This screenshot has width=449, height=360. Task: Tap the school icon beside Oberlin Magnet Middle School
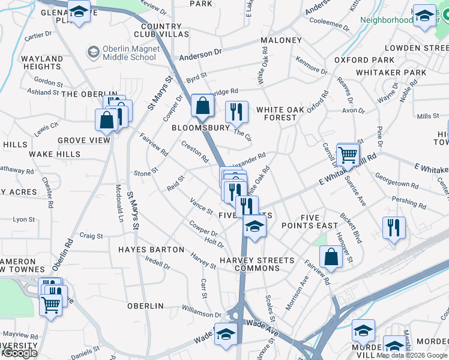pyautogui.click(x=93, y=53)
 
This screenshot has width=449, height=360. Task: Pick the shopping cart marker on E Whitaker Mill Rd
pyautogui.click(x=348, y=155)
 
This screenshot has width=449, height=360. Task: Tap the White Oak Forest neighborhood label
pyautogui.click(x=276, y=113)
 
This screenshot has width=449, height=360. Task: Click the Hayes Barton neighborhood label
pyautogui.click(x=151, y=249)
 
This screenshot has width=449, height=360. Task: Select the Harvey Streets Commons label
pyautogui.click(x=257, y=264)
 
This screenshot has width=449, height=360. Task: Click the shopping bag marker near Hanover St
pyautogui.click(x=331, y=256)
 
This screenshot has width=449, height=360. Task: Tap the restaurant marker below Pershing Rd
pyautogui.click(x=394, y=227)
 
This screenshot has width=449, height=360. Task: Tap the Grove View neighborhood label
pyautogui.click(x=84, y=140)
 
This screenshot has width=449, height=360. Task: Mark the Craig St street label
pyautogui.click(x=91, y=236)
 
